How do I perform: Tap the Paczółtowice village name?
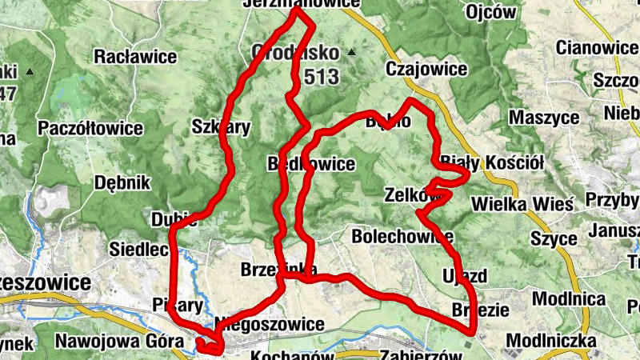(x=90, y=128)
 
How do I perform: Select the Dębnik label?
(x=122, y=182)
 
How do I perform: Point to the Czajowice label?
(x=426, y=70)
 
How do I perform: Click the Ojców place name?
(x=490, y=13)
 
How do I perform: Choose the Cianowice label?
(x=598, y=48)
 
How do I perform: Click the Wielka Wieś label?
(x=522, y=203)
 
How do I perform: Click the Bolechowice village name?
(x=402, y=237)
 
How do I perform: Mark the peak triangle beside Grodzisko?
(x=350, y=53)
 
